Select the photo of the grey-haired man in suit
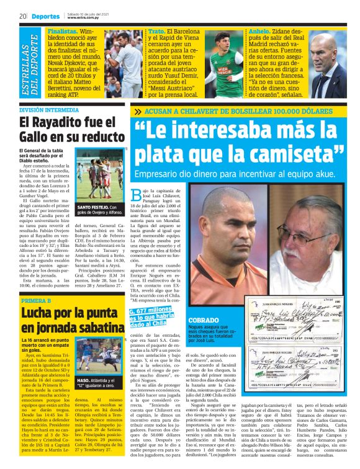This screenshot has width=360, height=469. coord(329,64)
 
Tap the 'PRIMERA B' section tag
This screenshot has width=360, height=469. coord(35,300)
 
